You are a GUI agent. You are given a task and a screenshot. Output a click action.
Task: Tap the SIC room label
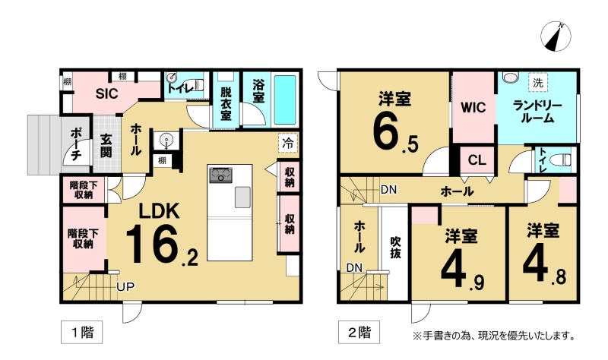[106, 93]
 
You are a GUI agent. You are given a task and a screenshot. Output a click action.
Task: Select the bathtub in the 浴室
[285, 99]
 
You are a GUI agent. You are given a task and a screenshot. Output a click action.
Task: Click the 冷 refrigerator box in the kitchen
[288, 143]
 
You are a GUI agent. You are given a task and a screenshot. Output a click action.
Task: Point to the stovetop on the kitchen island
[220, 175]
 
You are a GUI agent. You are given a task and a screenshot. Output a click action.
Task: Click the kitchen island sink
[242, 197]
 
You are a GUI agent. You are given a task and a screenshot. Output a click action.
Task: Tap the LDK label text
[160, 212]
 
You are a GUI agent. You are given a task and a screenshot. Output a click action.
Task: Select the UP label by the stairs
[125, 287]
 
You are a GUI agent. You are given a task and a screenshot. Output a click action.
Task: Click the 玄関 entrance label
[106, 146]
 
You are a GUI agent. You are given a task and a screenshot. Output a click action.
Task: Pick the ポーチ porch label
[75, 144]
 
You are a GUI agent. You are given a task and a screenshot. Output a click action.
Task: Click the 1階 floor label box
[82, 332]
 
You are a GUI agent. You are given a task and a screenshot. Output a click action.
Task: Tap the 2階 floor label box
[359, 332]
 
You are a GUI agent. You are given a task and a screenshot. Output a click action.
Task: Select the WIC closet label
[473, 107]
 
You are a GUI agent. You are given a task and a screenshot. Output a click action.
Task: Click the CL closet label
[477, 159]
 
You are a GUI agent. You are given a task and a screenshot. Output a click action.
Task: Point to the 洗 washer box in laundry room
[538, 83]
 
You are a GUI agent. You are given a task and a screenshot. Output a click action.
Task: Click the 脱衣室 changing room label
[226, 103]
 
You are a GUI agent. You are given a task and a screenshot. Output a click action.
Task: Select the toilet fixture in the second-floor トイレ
[562, 159]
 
